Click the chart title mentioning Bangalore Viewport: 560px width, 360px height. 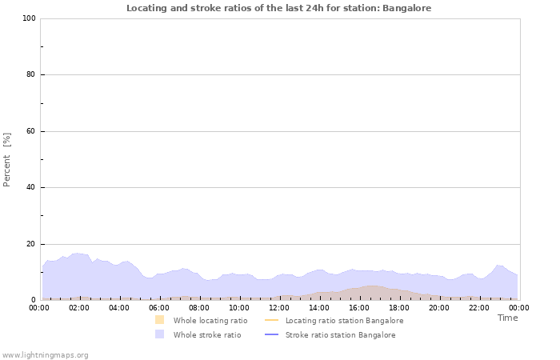[279, 8]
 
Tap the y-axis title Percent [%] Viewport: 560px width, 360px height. [7, 159]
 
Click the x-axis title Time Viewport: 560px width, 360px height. [507, 318]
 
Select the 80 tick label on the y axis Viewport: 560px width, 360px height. [30, 75]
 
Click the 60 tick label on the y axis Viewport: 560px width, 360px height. [30, 131]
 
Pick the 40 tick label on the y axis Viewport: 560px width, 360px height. [30, 188]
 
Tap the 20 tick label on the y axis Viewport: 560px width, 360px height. [30, 244]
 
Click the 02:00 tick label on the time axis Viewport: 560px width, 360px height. [79, 307]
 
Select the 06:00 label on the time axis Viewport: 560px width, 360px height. [159, 307]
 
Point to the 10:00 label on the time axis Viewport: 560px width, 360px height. [239, 307]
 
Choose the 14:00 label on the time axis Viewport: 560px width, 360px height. [319, 307]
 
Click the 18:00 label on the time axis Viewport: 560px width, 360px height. [399, 307]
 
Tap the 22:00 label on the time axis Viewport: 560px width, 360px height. [479, 307]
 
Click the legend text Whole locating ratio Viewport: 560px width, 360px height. [210, 321]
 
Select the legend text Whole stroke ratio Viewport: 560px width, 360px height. [207, 335]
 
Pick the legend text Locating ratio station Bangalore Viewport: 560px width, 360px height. [344, 321]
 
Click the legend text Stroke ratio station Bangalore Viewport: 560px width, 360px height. [340, 335]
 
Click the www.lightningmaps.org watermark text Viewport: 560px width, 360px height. [46, 355]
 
